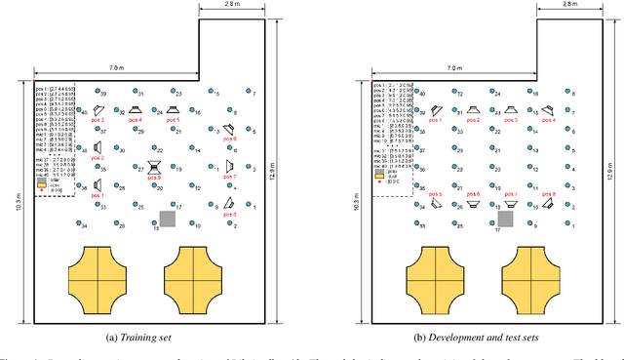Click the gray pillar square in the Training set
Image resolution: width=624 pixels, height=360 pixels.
pyautogui.click(x=167, y=219)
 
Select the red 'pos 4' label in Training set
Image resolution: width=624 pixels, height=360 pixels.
pyautogui.click(x=132, y=121)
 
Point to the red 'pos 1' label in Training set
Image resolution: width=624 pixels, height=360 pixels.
pyautogui.click(x=97, y=195)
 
